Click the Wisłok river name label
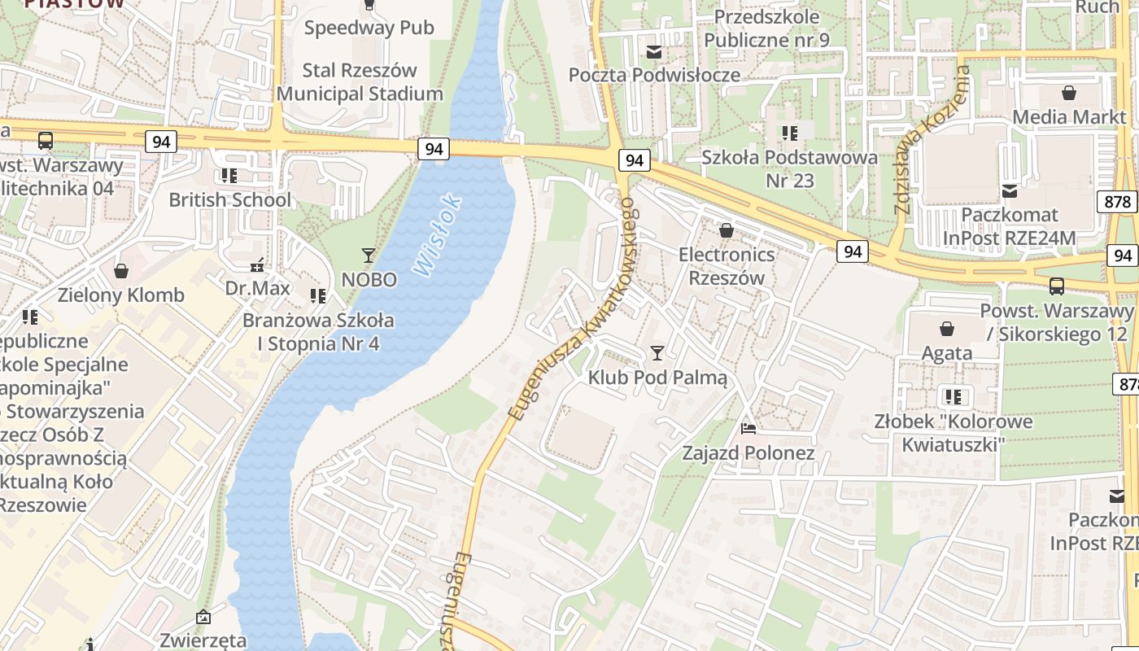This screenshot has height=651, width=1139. [x=437, y=234]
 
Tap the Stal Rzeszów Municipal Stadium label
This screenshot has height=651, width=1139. [x=360, y=82]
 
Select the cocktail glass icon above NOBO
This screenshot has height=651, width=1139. [x=368, y=256]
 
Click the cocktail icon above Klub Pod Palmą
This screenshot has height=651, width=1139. [x=657, y=353]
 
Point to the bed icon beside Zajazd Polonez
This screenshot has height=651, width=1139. [x=748, y=428]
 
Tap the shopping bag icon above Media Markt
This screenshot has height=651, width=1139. [x=1069, y=93]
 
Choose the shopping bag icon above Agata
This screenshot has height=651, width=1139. [x=946, y=329]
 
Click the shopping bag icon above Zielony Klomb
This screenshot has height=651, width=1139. [x=121, y=270]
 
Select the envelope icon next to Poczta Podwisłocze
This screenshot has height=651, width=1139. [x=653, y=52]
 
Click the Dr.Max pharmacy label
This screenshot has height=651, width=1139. [x=258, y=288]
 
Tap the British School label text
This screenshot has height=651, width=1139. [x=229, y=199]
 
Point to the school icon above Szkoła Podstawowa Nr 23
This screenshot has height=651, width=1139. [x=789, y=133]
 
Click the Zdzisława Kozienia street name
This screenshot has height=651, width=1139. [x=932, y=140]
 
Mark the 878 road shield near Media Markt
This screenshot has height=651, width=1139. [x=1119, y=201]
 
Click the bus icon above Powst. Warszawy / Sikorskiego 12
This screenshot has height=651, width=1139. [x=1056, y=286]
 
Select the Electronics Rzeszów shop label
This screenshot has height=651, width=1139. [x=727, y=266]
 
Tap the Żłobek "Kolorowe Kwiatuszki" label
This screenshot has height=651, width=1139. [x=954, y=432]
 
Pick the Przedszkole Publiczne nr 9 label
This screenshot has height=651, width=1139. [x=766, y=28]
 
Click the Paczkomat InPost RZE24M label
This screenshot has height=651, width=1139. [x=1009, y=226]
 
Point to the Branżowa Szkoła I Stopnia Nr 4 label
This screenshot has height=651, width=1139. [x=318, y=331]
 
